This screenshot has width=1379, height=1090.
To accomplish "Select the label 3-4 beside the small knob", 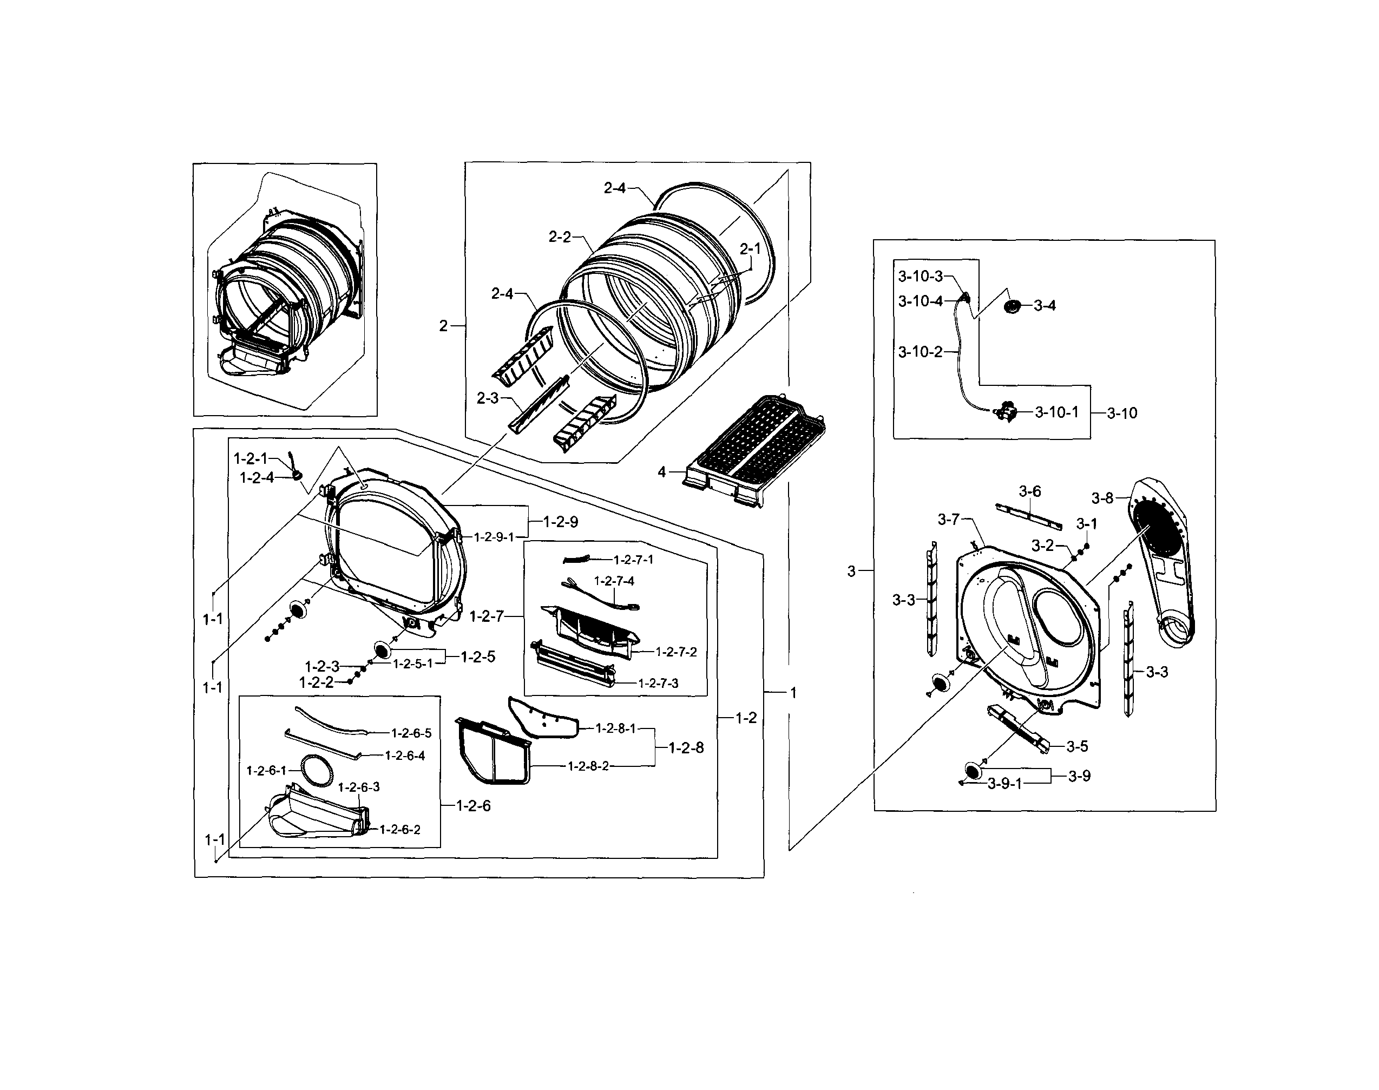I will (x=1045, y=306).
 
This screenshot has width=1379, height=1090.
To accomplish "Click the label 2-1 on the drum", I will (x=750, y=249).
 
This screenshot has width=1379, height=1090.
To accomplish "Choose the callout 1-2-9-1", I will (x=493, y=537).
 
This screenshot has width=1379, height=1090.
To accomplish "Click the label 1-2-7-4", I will (x=614, y=581).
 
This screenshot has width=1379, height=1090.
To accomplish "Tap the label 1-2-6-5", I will (x=411, y=733).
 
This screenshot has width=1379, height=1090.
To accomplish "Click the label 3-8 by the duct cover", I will (x=1102, y=498).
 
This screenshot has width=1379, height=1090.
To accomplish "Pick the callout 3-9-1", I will (x=1004, y=784).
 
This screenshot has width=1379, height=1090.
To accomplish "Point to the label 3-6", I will (x=1029, y=491).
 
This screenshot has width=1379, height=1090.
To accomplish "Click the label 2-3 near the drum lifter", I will (x=488, y=398).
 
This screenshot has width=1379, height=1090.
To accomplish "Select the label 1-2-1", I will (x=251, y=458).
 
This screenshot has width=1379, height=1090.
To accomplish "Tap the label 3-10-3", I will (x=920, y=277).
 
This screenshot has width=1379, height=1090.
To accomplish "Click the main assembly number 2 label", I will (x=443, y=326).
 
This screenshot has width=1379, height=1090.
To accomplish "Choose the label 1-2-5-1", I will (x=412, y=664).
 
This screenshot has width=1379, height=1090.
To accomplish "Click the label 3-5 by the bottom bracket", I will (x=1077, y=746).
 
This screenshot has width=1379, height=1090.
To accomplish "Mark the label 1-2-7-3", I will (x=658, y=683).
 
